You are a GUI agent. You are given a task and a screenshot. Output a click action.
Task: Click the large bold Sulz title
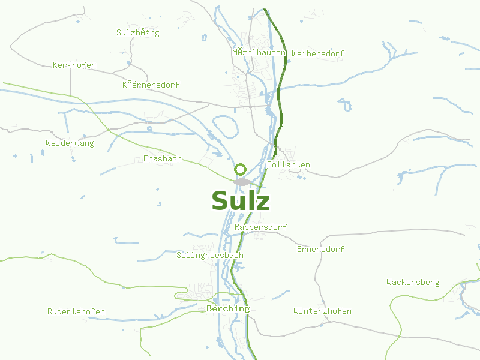(241, 201)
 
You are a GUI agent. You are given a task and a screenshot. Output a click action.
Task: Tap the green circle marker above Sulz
(241, 169)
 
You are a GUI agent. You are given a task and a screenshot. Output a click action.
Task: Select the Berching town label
(227, 308)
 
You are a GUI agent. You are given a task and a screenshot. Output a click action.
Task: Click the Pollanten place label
(289, 164)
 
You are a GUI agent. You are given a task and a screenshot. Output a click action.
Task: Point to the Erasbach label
(162, 158)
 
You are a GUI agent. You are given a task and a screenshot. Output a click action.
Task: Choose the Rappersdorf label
(260, 227)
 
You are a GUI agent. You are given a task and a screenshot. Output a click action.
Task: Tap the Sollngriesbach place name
(210, 255)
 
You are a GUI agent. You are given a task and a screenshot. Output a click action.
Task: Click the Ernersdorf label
(320, 249)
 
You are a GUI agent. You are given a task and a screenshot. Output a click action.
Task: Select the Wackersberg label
(413, 282)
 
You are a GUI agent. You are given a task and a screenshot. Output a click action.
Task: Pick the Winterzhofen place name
(322, 311)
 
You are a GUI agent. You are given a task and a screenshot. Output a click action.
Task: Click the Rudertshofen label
(76, 311)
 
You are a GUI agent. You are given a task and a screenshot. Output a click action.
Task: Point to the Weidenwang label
(70, 143)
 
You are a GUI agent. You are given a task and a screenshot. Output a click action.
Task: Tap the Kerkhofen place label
(74, 65)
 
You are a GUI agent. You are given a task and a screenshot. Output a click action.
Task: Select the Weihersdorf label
(318, 53)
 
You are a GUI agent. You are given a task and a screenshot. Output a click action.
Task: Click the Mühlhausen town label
(259, 53)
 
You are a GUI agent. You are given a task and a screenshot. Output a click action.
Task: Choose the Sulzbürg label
(138, 32)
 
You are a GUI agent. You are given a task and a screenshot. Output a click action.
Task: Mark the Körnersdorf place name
(151, 85)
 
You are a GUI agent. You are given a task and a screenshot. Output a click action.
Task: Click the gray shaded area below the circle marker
(242, 181)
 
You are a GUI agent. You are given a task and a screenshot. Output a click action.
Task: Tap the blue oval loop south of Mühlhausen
(225, 124)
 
